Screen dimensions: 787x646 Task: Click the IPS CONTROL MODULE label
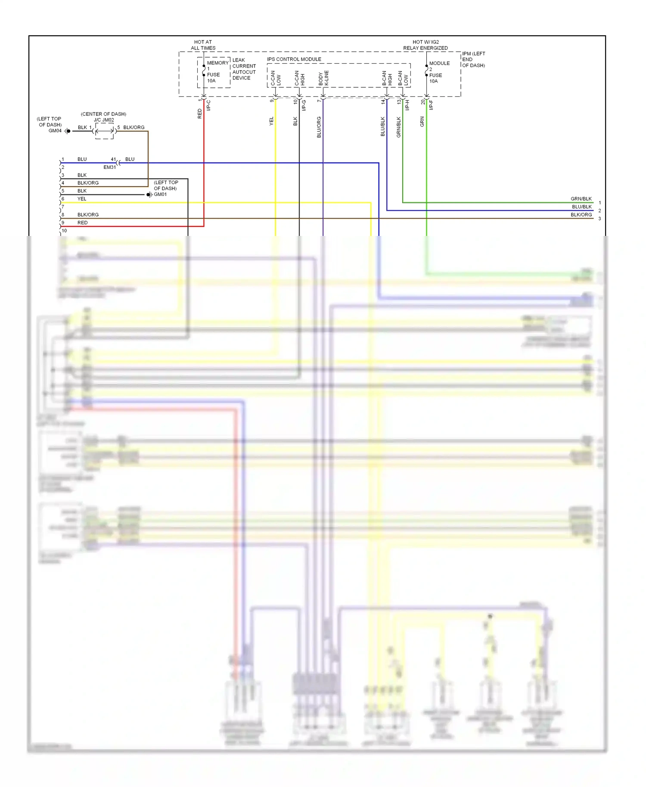click(x=294, y=59)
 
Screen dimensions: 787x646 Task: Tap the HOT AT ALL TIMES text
click(x=203, y=45)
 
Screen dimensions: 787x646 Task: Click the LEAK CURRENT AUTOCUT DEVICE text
click(x=244, y=69)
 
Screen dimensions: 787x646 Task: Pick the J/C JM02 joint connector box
click(x=104, y=131)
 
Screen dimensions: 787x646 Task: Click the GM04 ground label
click(x=55, y=131)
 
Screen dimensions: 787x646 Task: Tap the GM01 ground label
click(x=160, y=195)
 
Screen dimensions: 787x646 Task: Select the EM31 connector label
click(x=109, y=167)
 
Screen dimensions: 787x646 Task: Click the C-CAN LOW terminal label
click(x=276, y=78)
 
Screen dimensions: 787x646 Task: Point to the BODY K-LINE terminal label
click(x=323, y=78)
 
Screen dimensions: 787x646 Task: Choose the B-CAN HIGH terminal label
click(x=387, y=78)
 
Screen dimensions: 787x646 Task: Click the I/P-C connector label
click(x=208, y=105)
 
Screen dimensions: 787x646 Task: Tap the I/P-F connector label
click(x=431, y=105)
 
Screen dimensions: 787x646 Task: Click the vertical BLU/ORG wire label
click(x=319, y=127)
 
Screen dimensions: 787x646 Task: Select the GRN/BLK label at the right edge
click(x=581, y=199)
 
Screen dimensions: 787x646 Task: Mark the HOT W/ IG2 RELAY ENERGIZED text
click(x=425, y=45)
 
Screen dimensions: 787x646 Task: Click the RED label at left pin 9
click(x=82, y=223)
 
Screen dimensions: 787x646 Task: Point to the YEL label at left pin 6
click(x=82, y=199)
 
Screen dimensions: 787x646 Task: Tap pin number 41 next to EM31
click(x=113, y=159)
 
